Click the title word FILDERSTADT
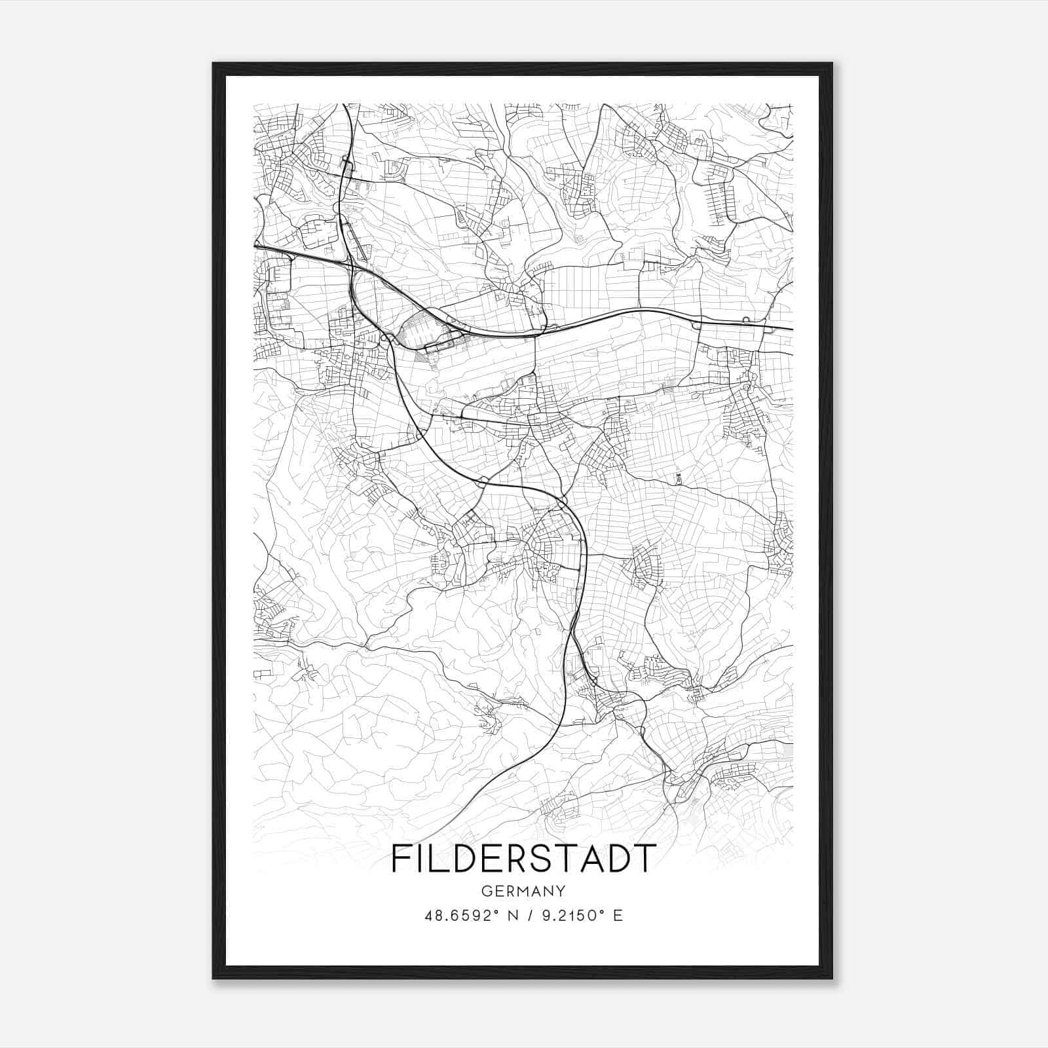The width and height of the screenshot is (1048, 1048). point(523,859)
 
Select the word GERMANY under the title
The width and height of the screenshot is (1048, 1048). point(523,891)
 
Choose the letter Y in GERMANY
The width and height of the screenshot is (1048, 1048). point(561,891)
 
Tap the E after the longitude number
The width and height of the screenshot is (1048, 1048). point(618,915)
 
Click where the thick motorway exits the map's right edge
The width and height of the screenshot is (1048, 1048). point(793,329)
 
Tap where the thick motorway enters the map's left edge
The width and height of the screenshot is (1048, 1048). point(254,246)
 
